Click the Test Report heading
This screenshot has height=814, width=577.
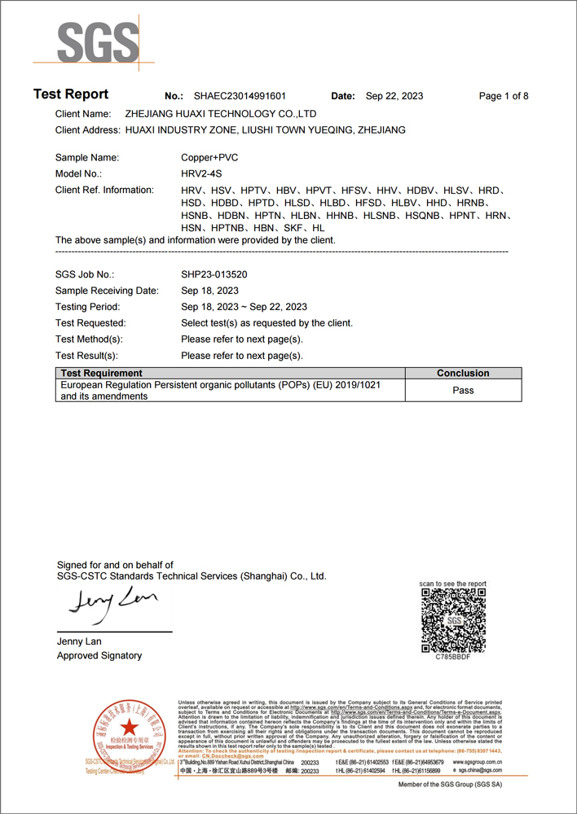[71, 94]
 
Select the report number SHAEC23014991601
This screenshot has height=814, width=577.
[240, 96]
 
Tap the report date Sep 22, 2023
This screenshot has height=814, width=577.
[394, 96]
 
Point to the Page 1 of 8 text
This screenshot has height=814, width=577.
[504, 96]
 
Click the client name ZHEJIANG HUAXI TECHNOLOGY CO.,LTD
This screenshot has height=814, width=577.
[220, 114]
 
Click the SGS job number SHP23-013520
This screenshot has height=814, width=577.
[214, 275]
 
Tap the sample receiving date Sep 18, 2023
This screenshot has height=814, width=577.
[209, 291]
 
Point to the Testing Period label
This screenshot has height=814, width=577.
[88, 307]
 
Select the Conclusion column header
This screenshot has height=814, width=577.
[463, 373]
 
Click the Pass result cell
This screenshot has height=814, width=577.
[463, 391]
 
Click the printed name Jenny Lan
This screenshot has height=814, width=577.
[79, 641]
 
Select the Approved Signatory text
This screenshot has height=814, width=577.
[99, 655]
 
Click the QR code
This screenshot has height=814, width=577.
[453, 619]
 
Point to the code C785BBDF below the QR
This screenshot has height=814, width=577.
[453, 655]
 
